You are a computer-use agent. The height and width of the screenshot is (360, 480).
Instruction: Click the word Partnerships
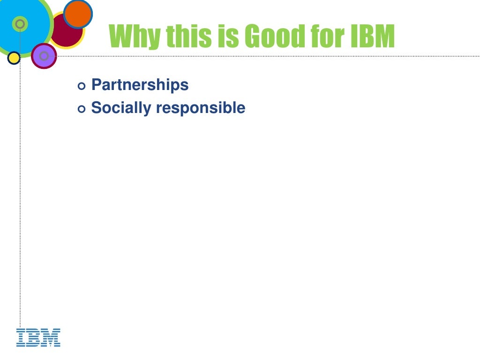coord(140,85)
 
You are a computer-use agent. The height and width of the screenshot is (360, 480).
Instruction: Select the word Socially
coord(121,108)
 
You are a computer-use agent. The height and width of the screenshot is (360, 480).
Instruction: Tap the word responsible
coord(201,108)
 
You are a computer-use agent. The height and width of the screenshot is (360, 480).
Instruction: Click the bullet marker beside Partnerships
coord(82,86)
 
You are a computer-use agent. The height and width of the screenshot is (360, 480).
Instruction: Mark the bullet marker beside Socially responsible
coord(82,109)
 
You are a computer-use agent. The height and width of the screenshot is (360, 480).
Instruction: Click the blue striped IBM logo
coord(38,337)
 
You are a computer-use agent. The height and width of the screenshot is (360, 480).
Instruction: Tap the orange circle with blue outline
coord(78,14)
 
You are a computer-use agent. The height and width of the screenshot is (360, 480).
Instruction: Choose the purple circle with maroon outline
coord(44,56)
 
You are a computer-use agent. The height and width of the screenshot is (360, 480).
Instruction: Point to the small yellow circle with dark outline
coord(14,58)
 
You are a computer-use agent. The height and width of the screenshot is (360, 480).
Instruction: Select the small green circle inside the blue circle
coord(20,23)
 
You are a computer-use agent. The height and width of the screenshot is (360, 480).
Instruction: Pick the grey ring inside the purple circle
coord(44,56)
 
